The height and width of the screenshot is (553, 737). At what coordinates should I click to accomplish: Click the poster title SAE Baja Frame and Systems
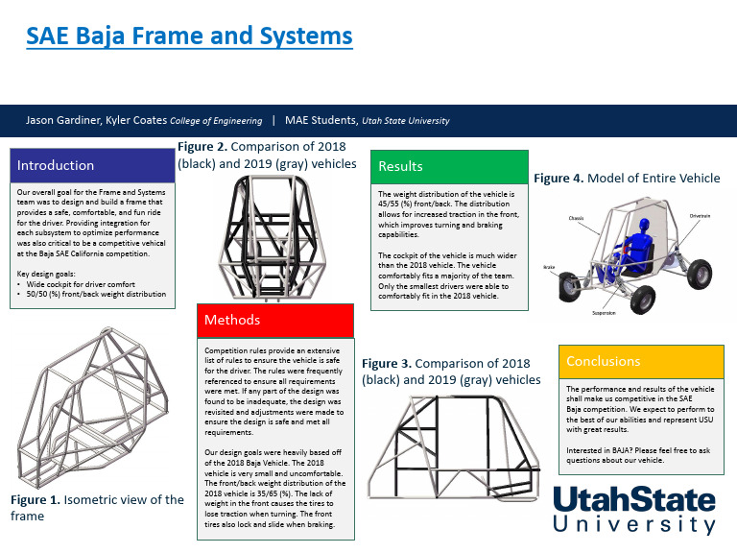pyautogui.click(x=189, y=36)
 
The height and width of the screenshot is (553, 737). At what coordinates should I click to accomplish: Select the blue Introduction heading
pyautogui.click(x=56, y=165)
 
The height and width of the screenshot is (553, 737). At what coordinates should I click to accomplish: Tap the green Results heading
pyautogui.click(x=401, y=166)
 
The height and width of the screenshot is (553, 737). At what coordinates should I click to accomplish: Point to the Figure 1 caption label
pyautogui.click(x=37, y=500)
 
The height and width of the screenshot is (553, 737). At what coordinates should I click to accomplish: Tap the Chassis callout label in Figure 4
pyautogui.click(x=579, y=218)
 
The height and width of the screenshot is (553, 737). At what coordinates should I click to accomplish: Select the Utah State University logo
pyautogui.click(x=634, y=510)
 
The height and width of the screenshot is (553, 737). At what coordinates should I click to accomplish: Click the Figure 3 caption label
pyautogui.click(x=392, y=364)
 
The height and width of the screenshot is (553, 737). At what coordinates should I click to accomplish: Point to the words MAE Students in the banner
pyautogui.click(x=321, y=121)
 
